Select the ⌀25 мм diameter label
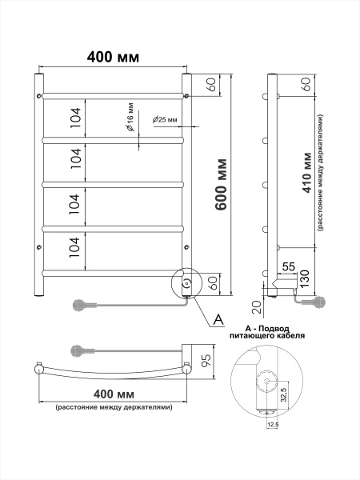pos(165,121)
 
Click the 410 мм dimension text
pos(308,175)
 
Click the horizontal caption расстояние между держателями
pos(113,408)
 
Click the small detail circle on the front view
pos(186,284)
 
